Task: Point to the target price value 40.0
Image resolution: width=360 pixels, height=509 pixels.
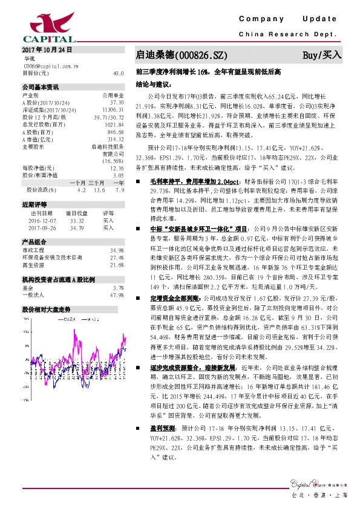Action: click(119, 73)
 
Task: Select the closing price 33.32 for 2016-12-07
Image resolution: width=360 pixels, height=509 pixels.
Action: click(76, 221)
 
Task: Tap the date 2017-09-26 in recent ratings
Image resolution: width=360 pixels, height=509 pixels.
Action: click(42, 228)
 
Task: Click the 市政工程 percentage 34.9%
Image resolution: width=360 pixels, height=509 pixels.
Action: click(117, 250)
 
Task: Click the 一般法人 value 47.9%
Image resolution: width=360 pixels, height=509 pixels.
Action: click(117, 295)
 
